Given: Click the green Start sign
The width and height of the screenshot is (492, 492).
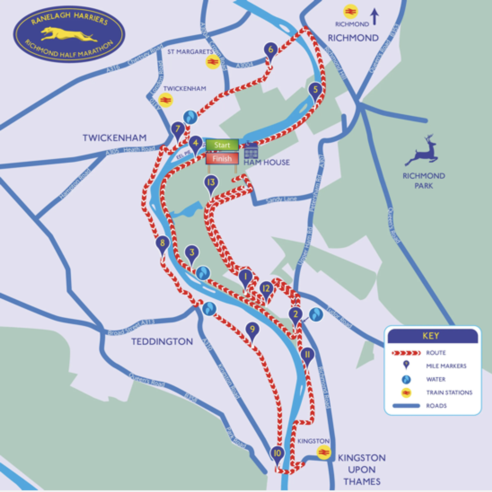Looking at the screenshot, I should (222, 145).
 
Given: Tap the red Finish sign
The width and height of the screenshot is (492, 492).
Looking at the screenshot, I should (222, 159).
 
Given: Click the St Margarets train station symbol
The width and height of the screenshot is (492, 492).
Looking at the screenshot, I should (213, 62).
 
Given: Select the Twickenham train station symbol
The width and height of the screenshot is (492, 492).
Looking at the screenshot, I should (166, 100).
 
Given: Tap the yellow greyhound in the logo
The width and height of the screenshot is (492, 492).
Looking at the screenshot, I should (69, 35).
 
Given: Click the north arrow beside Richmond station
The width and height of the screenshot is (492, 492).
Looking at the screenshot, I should (374, 17).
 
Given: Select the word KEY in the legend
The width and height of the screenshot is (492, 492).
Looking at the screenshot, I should (431, 336).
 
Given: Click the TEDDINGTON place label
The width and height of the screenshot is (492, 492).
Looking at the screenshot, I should (162, 341).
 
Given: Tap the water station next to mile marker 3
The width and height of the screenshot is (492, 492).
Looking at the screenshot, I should (203, 273).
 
